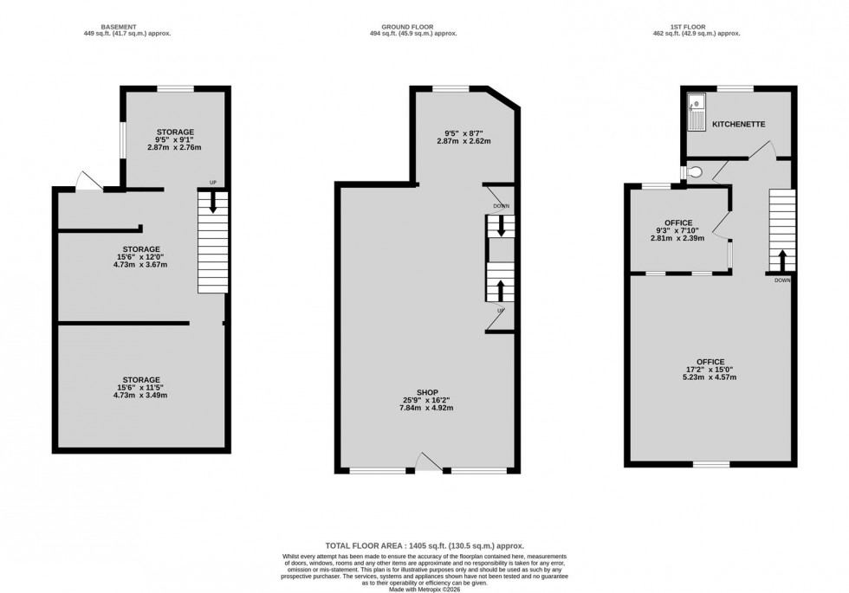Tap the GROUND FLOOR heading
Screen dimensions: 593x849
coord(424,27)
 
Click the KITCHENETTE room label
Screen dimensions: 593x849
coord(738,125)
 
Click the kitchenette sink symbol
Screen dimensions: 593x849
coord(697,113)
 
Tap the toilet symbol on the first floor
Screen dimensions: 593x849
coord(686,172)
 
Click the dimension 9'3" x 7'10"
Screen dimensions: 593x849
coord(678,230)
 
